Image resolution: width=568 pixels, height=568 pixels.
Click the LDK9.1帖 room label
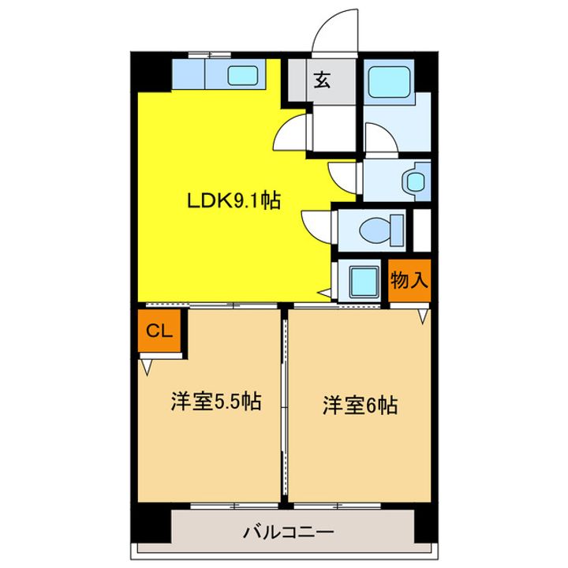point(234,201)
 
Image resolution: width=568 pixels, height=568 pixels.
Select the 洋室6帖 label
point(359,405)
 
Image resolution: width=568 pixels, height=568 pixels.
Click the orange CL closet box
point(160,331)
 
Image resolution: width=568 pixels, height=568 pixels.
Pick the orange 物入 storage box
point(409,281)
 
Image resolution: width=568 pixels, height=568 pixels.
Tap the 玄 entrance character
point(323,80)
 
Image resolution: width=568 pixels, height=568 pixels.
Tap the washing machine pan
point(364,281)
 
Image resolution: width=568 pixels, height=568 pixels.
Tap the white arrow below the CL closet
point(146,365)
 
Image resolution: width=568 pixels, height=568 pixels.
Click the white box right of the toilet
point(422,229)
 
